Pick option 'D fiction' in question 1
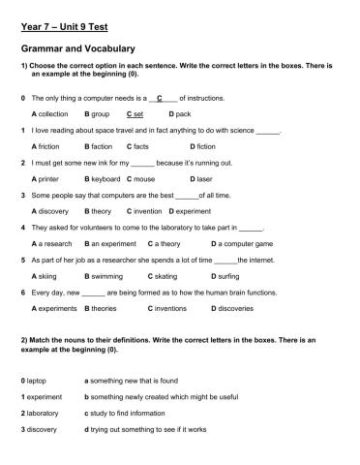[203, 146]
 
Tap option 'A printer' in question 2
[47, 179]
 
